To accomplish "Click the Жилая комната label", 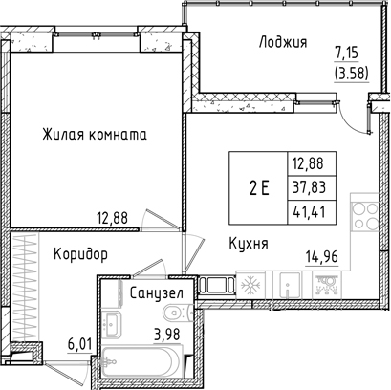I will pyautogui.click(x=95, y=135).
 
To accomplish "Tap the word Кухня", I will pyautogui.click(x=248, y=244).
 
